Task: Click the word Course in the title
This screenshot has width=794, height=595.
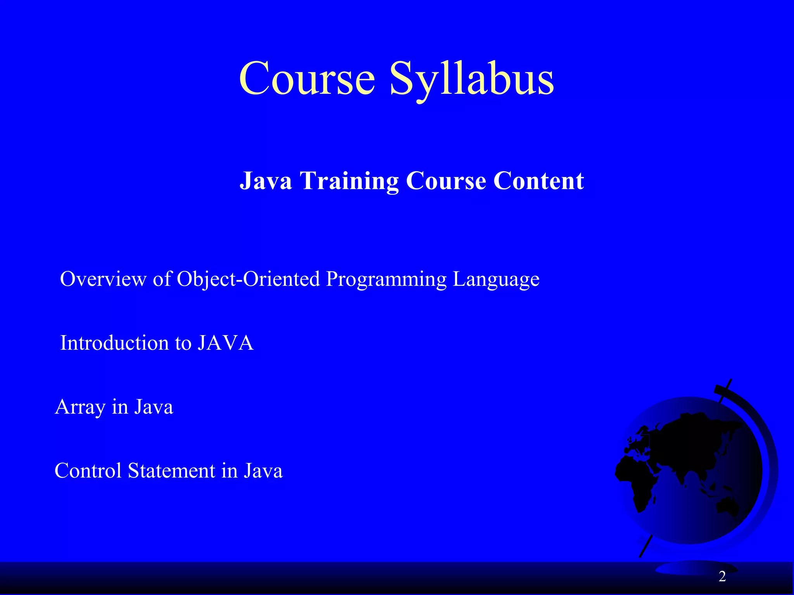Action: pyautogui.click(x=307, y=79)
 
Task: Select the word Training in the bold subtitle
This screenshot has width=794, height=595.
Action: pyautogui.click(x=349, y=181)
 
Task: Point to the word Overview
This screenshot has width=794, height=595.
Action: pyautogui.click(x=103, y=279)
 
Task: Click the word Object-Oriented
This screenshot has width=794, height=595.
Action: pyautogui.click(x=248, y=279)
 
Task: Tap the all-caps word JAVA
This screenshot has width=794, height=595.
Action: pyautogui.click(x=225, y=343)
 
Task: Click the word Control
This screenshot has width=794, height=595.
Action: pyautogui.click(x=88, y=471)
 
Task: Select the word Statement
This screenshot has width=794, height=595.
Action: pyautogui.click(x=171, y=471)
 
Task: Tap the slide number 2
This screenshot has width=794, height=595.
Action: pyautogui.click(x=722, y=577)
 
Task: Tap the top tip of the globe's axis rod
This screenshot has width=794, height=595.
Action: pyautogui.click(x=730, y=380)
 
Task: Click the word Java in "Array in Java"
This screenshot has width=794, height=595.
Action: pyautogui.click(x=154, y=407)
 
